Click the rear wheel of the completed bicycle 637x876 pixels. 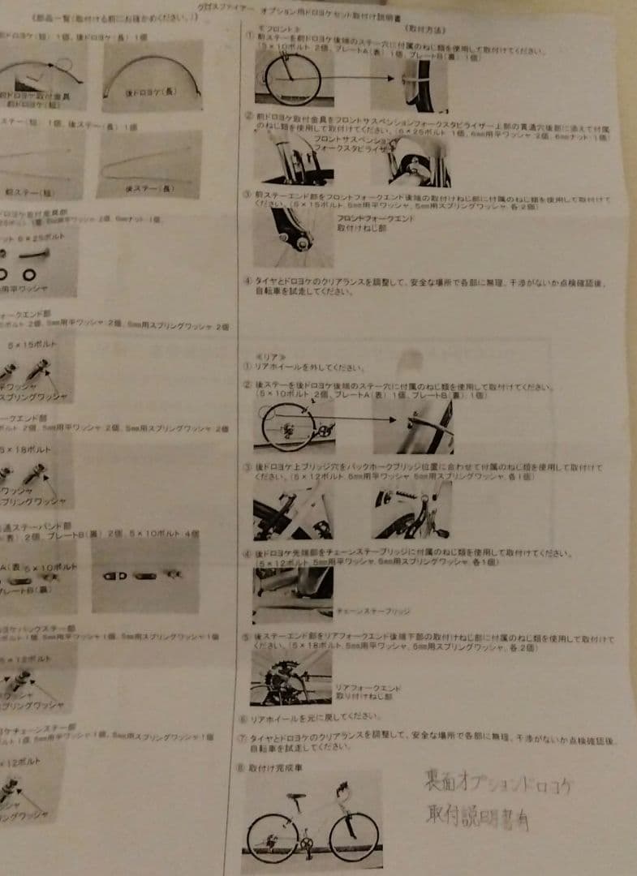point(272,837)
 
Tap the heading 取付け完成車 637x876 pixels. point(275,767)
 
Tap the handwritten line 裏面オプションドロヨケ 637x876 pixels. point(500,782)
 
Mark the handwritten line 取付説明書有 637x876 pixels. point(477,814)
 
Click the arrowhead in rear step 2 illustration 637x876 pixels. point(394,420)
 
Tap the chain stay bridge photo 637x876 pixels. point(291,586)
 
